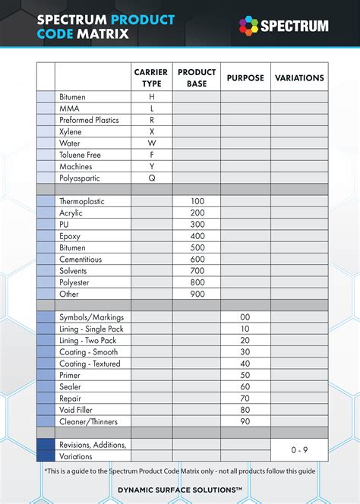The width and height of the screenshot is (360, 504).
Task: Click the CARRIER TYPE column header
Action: tap(151, 77)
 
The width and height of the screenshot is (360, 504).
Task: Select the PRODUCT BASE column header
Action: tap(197, 77)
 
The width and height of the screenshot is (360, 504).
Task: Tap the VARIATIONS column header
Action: tap(298, 77)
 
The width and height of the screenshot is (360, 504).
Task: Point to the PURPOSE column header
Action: tap(245, 77)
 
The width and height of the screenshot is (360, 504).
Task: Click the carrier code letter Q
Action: tap(152, 178)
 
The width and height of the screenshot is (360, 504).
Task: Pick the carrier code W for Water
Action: tap(152, 143)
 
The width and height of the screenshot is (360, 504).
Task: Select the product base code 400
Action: tap(197, 236)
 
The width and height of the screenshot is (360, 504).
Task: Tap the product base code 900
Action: tap(197, 294)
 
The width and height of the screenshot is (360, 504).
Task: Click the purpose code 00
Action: tap(245, 317)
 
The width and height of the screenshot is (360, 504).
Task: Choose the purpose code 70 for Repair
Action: tap(245, 398)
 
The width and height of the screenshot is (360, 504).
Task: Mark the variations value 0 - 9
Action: tap(299, 450)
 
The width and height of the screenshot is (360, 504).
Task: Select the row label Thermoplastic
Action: tap(82, 201)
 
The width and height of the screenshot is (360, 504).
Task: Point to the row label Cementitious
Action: tap(83, 259)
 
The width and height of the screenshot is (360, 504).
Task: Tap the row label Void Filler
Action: tap(77, 409)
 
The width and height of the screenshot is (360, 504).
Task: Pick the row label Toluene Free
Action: tap(80, 155)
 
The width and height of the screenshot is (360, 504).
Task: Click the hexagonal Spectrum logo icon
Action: tap(248, 26)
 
